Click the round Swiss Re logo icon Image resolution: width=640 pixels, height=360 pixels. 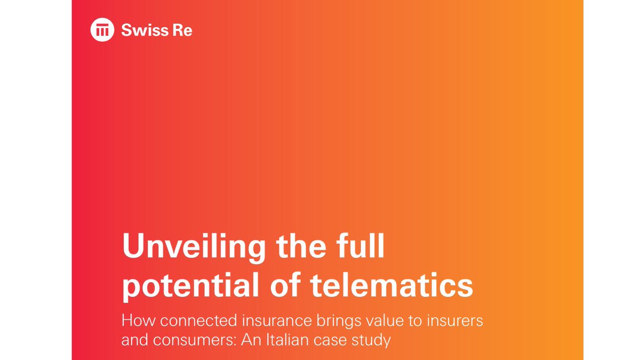(x=102, y=30)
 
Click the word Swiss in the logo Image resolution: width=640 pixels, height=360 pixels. (x=145, y=30)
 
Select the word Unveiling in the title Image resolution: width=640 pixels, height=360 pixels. (x=194, y=247)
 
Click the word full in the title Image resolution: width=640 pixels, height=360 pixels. (x=360, y=245)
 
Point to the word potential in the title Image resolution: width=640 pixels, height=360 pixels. (x=190, y=286)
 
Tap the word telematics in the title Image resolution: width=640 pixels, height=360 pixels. (x=391, y=285)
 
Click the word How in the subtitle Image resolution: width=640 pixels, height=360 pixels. (x=139, y=321)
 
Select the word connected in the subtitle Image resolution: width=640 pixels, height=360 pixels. (x=198, y=321)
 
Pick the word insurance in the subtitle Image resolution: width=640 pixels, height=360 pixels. (x=277, y=321)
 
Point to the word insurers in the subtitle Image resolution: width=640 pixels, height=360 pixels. (x=455, y=321)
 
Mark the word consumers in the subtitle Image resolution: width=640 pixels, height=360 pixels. (x=194, y=340)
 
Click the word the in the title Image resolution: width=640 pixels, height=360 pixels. (x=301, y=245)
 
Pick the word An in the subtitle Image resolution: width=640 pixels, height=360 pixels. (x=251, y=340)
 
